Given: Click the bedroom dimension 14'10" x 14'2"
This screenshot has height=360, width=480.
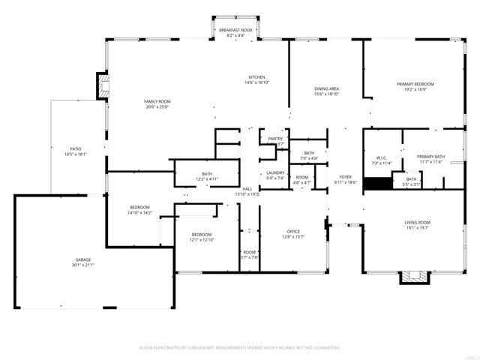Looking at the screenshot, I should coord(139,213).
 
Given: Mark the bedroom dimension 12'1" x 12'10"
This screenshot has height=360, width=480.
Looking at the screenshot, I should coord(200,240).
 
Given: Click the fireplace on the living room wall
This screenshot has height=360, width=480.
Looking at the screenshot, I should coord(415,277).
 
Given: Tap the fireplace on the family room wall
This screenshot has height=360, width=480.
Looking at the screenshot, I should coord(103,85).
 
